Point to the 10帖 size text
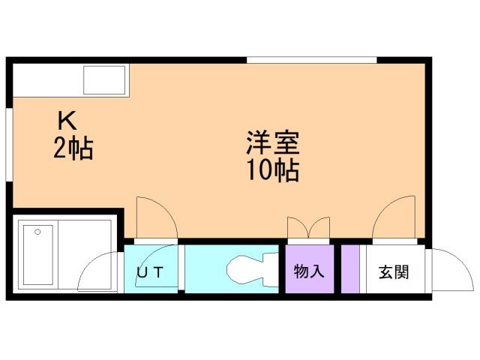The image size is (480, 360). pyautogui.click(x=272, y=172)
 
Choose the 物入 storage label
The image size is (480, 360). pyautogui.click(x=308, y=271)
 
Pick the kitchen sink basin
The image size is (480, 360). pyautogui.click(x=104, y=80)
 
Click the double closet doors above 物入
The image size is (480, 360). pyautogui.click(x=308, y=227)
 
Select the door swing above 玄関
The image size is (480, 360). pyautogui.click(x=394, y=220)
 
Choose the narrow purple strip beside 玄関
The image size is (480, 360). pyautogui.click(x=349, y=269)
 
